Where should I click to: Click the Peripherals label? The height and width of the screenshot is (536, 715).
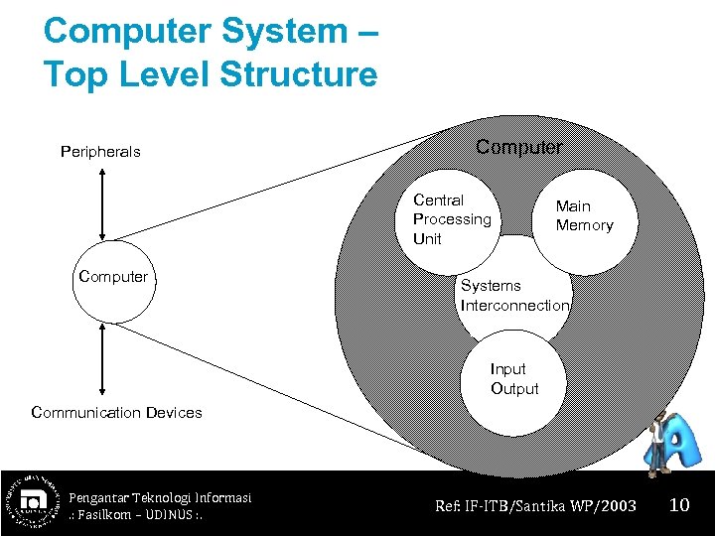point(100,152)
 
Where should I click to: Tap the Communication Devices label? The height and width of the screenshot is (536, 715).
point(116,412)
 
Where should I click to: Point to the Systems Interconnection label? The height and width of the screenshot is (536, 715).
point(514,295)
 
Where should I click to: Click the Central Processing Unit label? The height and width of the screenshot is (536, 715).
point(452,219)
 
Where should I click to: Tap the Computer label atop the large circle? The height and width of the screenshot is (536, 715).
point(518,147)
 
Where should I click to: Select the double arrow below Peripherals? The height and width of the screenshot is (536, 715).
point(102,203)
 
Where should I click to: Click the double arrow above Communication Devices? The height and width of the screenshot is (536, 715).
point(102,359)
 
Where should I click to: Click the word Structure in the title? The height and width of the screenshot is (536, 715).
point(299,74)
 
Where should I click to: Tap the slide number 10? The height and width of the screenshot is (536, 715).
point(679,505)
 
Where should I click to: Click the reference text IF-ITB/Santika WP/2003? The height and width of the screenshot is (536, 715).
point(535,506)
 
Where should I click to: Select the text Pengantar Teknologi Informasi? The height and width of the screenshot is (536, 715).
point(160,497)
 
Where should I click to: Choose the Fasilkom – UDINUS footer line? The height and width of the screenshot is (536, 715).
point(133,515)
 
